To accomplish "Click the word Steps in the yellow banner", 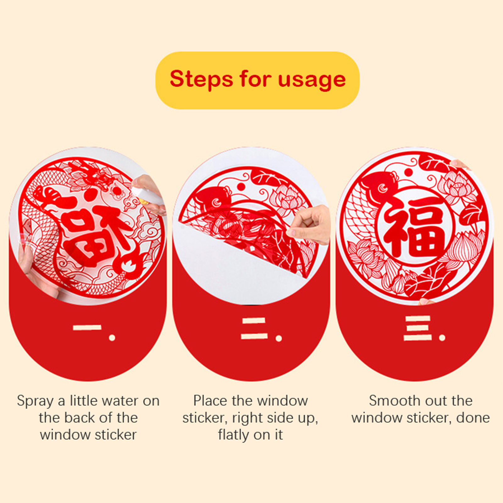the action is (202, 79).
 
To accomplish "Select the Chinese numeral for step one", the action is (87, 328).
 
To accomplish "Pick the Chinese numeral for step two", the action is (254, 329).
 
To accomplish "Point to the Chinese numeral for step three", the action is (418, 329).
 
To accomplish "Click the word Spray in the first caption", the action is (35, 401).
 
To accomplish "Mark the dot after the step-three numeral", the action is (442, 338).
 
